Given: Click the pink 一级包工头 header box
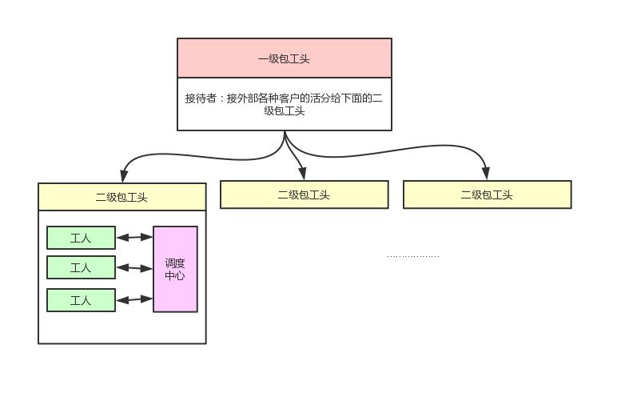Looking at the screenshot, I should coord(284,58).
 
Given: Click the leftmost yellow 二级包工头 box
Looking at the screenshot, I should coord(121,197).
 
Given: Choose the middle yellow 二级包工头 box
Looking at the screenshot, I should coord(304,194).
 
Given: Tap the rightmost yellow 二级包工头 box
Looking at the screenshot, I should coord(487,194).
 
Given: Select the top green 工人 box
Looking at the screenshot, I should coord(81,238).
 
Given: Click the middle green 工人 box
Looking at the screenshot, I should coord(81,267).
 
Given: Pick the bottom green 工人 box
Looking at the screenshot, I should coord(81,300).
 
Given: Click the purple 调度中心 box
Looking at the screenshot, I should coord(175,269).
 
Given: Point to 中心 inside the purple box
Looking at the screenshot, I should coord(175,275).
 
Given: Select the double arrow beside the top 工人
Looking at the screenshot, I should coord(134,237).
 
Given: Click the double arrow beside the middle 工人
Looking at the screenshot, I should coord(134,267).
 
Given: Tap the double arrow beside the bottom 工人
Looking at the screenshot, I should coord(134,300).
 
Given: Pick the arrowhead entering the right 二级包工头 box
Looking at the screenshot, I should coord(486,174).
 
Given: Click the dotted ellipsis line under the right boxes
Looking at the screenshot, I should coord(412,257).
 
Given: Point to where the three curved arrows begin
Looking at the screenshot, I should coord(285,134).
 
